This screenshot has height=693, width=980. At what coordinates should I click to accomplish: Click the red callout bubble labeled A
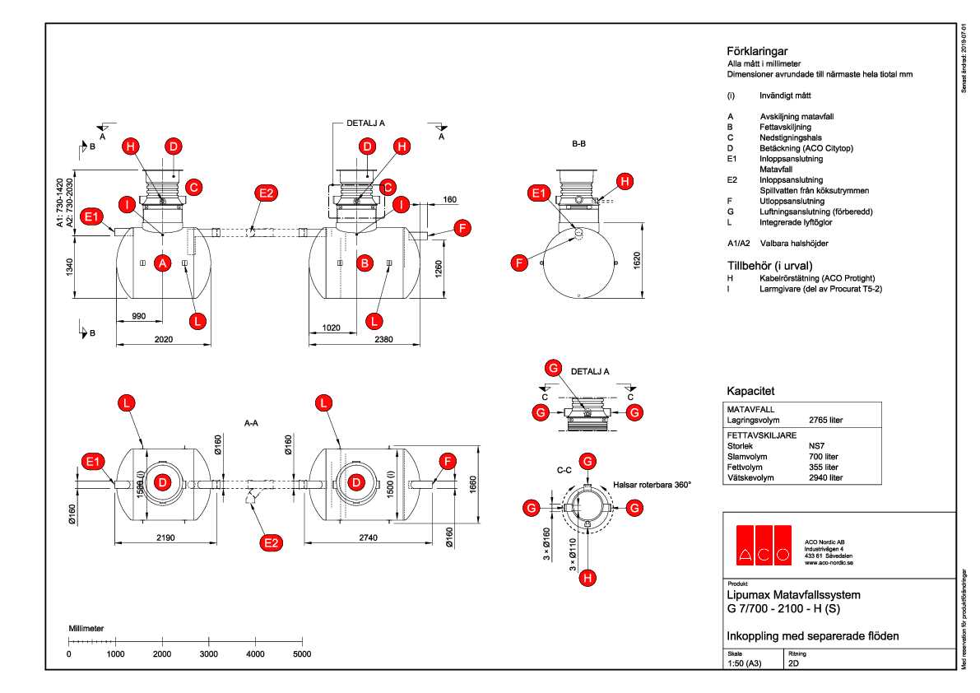[163, 263]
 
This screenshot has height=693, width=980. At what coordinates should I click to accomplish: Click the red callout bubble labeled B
[364, 263]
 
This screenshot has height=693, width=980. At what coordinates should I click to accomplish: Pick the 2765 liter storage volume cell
[826, 420]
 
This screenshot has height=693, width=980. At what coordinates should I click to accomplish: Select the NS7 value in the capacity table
[818, 444]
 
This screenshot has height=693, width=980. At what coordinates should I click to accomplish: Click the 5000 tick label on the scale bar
[302, 654]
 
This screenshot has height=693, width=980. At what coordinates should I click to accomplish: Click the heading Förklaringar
[752, 50]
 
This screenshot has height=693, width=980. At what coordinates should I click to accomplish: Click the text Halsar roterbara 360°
[652, 485]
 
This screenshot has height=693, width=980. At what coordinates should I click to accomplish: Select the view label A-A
[252, 422]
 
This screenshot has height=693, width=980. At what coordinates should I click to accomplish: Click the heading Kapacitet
[750, 390]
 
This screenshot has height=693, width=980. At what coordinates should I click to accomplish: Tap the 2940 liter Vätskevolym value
[826, 477]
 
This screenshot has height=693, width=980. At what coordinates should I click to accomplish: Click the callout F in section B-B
[518, 263]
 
